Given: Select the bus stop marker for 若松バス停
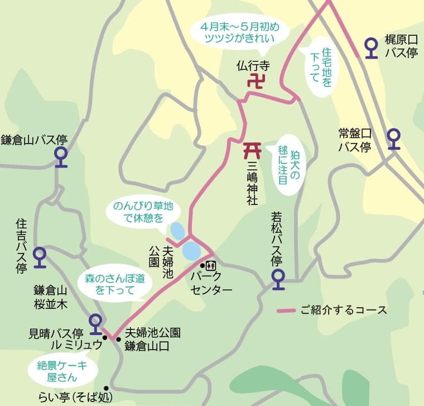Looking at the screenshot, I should [x=278, y=278].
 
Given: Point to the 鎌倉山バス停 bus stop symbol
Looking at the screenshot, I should [x=61, y=157].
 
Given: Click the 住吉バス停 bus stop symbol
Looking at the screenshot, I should [x=40, y=256].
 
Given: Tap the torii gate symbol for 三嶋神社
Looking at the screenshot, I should [x=252, y=149].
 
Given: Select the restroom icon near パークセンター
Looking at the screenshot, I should [x=211, y=265].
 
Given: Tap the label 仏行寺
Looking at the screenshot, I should [x=253, y=65].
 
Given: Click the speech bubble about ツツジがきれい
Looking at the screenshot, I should [x=239, y=32].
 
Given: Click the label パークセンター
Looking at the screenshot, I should [x=211, y=283].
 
